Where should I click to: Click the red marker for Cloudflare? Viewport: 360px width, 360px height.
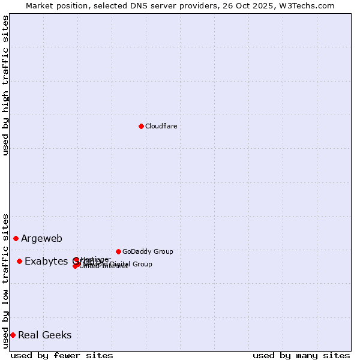click(x=141, y=126)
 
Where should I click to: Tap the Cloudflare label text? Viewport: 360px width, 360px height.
click(x=161, y=126)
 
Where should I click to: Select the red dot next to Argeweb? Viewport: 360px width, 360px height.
click(x=16, y=238)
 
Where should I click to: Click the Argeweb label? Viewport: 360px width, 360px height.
click(x=41, y=239)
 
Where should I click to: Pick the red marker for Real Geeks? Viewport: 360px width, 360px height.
click(x=13, y=335)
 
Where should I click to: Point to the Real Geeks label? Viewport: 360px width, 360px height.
click(x=45, y=335)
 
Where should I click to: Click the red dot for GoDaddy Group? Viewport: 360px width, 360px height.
click(x=118, y=251)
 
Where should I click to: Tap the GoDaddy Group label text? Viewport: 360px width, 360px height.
click(x=148, y=252)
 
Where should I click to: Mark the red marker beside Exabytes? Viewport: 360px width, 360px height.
click(x=20, y=261)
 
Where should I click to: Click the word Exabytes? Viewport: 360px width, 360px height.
click(x=46, y=262)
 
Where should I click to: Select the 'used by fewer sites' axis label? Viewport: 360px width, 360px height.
click(x=62, y=355)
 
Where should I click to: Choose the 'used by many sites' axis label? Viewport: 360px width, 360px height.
click(x=301, y=355)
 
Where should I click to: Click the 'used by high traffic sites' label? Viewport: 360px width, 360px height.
click(x=5, y=85)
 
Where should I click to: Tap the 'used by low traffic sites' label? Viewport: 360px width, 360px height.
click(x=5, y=280)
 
